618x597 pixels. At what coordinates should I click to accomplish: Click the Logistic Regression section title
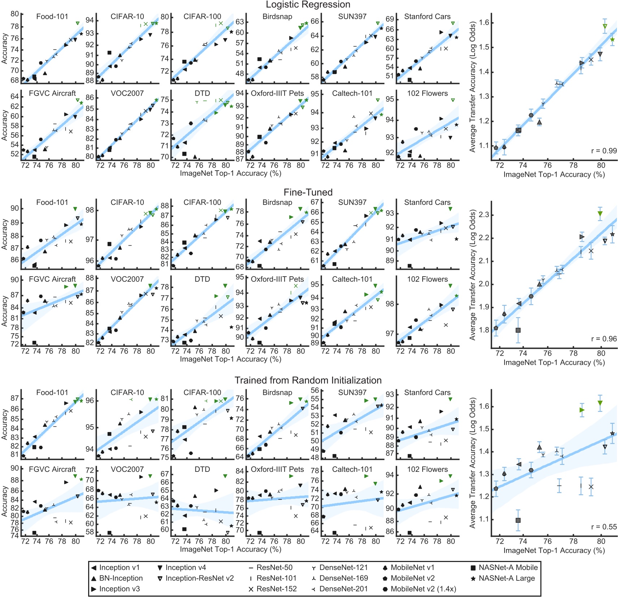coord(308,5)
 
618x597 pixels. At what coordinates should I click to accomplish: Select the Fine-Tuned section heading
coord(308,192)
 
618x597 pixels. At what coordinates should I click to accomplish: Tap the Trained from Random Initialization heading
coord(308,380)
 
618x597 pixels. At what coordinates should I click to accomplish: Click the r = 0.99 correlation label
coord(604,151)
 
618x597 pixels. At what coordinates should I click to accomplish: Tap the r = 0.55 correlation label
coord(604,527)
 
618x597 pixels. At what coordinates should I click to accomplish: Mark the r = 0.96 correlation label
coord(604,339)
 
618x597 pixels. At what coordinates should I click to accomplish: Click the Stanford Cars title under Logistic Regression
coord(427,17)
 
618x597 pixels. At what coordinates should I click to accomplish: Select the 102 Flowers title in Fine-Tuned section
coord(427,279)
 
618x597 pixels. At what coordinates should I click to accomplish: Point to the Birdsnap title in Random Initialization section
coord(277,392)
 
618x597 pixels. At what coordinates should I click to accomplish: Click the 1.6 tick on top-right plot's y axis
coord(484,23)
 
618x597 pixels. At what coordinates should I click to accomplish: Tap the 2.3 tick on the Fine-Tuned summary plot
coord(484,215)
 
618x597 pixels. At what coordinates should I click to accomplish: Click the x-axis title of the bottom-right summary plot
coord(554,550)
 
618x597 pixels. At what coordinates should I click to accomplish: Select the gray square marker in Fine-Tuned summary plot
coord(518,330)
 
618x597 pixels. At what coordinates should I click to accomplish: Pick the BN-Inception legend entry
coord(121,578)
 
